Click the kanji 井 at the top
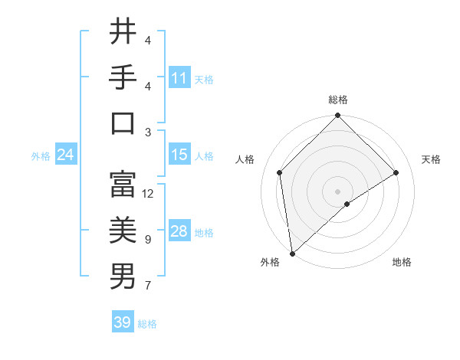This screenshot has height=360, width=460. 123,32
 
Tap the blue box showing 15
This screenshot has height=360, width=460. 179,155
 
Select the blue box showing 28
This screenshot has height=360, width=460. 179,231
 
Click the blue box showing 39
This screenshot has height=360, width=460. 123,322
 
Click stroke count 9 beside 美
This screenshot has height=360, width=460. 148,240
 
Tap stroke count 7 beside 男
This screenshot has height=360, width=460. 148,286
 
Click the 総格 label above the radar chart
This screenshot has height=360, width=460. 338,100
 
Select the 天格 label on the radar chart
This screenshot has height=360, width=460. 431,159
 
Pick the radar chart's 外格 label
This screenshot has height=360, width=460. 270,262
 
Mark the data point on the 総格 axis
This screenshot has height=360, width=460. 338,116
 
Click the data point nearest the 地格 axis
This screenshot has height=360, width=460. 347,204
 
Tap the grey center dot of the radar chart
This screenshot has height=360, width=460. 338,191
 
